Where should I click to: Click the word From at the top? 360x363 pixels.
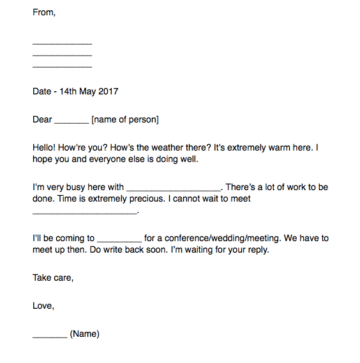tap(43, 13)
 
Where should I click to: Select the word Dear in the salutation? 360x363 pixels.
tap(42, 119)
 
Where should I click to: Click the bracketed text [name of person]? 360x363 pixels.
tap(125, 119)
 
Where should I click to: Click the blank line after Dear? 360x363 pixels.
tap(71, 121)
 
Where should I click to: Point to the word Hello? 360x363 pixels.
tap(45, 147)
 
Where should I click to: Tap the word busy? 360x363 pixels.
tap(73, 187)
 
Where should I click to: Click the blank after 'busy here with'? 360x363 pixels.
tap(174, 189)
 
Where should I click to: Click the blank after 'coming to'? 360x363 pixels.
tap(119, 241)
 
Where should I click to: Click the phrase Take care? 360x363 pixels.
tap(53, 278)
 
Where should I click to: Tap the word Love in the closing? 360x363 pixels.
tap(43, 306)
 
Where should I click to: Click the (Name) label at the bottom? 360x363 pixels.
tap(85, 334)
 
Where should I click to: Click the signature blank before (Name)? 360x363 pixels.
tap(50, 336)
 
